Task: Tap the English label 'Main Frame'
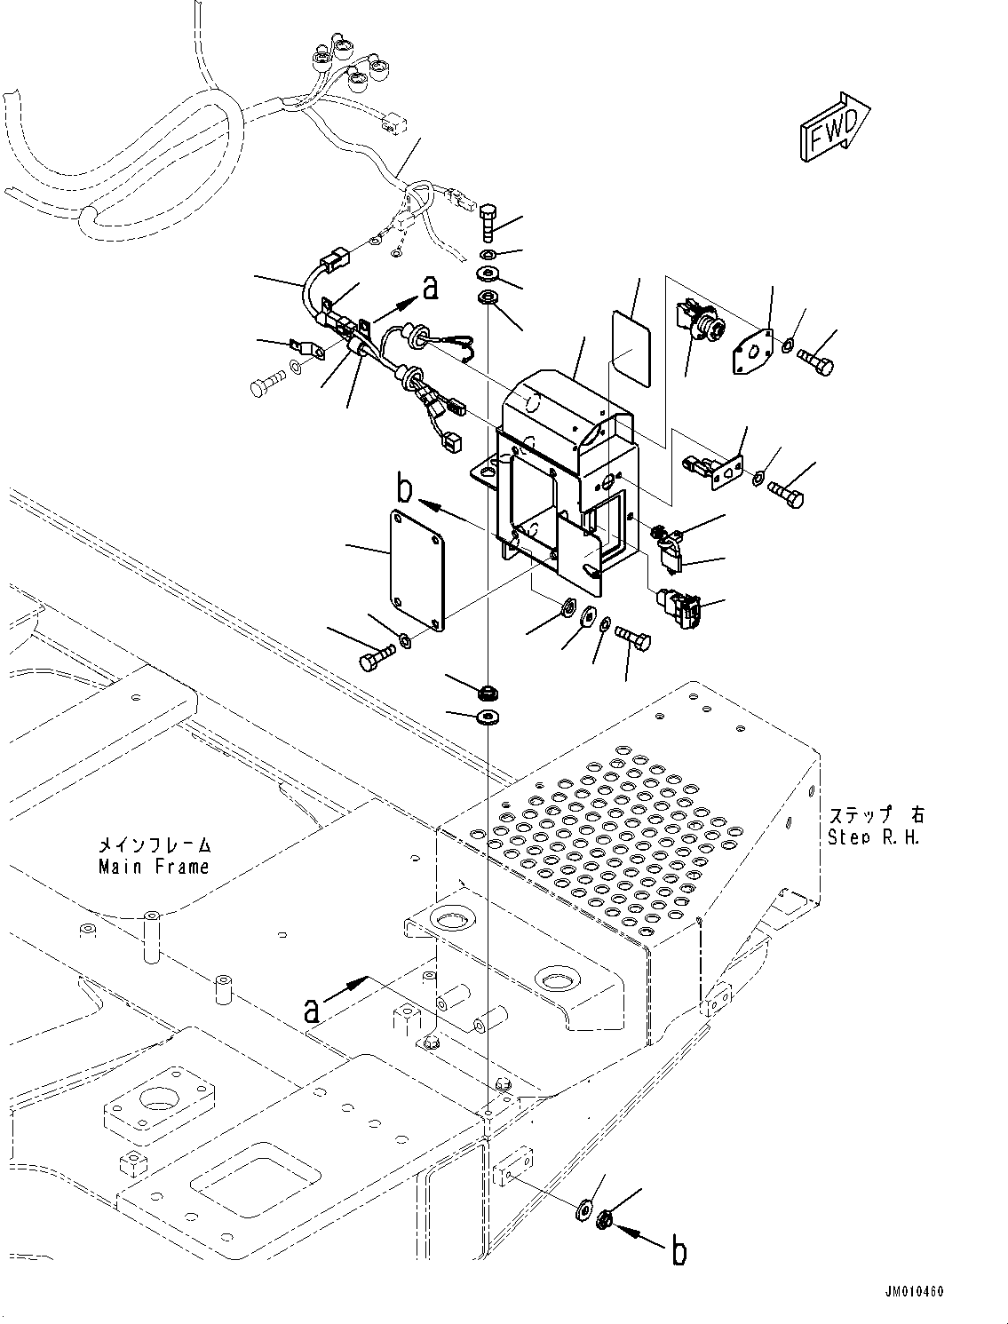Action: tap(154, 867)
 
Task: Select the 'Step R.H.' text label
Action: tap(873, 836)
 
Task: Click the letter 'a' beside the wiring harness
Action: tap(430, 288)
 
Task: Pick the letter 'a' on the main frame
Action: tap(311, 1009)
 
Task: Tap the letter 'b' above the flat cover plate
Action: tap(405, 489)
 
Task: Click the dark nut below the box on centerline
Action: tap(488, 691)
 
